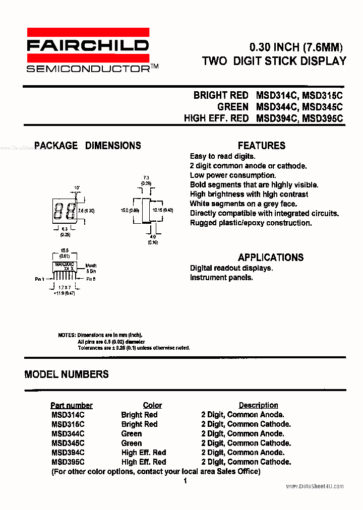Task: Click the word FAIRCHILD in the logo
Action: click(88, 46)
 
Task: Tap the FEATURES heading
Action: click(262, 146)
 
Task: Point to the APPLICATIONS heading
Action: click(271, 257)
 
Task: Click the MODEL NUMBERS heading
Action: click(67, 374)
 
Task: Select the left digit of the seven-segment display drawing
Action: click(58, 210)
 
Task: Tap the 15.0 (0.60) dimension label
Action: click(130, 210)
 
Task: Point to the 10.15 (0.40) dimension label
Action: click(163, 210)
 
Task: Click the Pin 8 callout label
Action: click(91, 279)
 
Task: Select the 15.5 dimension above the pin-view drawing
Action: click(64, 250)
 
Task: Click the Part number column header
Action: click(72, 405)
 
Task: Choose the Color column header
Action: click(152, 405)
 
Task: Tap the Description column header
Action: click(258, 405)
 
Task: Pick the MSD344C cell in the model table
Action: click(68, 433)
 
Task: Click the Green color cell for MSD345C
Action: click(132, 443)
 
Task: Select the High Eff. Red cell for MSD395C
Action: click(144, 462)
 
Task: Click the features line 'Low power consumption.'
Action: click(233, 175)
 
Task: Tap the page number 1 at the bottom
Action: click(185, 481)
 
